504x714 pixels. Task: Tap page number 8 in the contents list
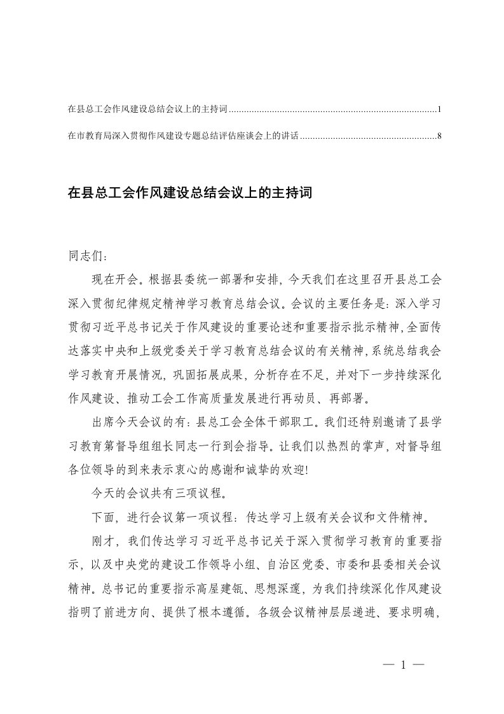pos(439,136)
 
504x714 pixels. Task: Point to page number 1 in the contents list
pos(439,109)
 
